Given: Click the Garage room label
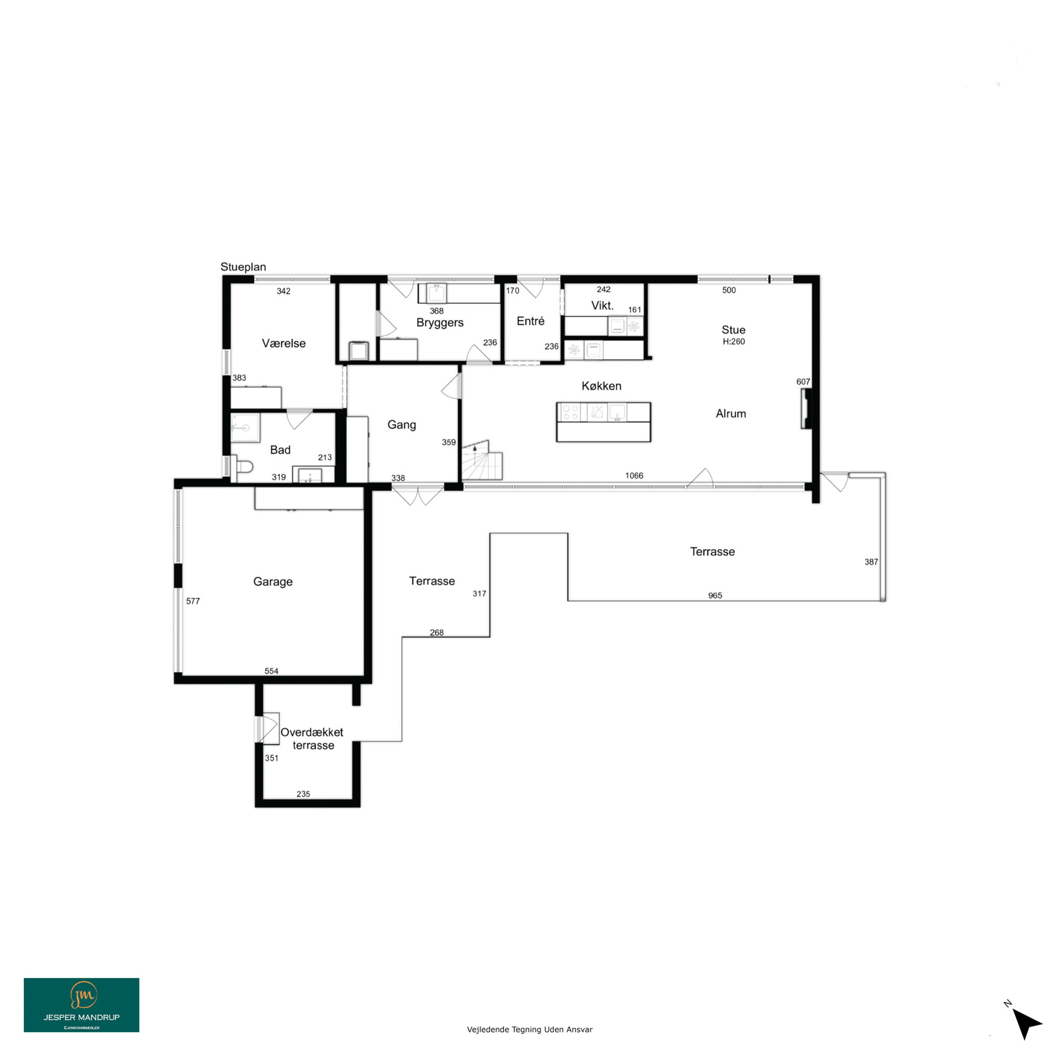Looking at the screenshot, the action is (272, 581).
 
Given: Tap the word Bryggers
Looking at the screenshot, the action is (439, 323).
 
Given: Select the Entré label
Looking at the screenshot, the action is (531, 321).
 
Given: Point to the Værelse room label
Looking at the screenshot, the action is (284, 343).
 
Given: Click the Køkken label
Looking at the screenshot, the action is (602, 386).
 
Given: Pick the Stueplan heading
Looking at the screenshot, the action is (243, 267).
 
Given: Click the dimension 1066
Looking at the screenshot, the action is (634, 476).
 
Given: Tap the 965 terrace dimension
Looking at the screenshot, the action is (715, 595).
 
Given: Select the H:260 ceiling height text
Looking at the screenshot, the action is (734, 341).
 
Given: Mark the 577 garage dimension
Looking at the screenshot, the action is (193, 601).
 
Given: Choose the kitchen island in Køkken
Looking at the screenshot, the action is (604, 422).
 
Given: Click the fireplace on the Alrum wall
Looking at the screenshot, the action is (806, 409).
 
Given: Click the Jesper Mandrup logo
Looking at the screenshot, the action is (81, 1005).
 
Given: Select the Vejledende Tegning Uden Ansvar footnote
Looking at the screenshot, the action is (529, 1030).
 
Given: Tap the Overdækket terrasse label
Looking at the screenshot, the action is (312, 738).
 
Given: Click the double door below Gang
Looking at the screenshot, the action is (418, 496).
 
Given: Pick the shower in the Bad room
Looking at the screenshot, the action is (245, 427).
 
